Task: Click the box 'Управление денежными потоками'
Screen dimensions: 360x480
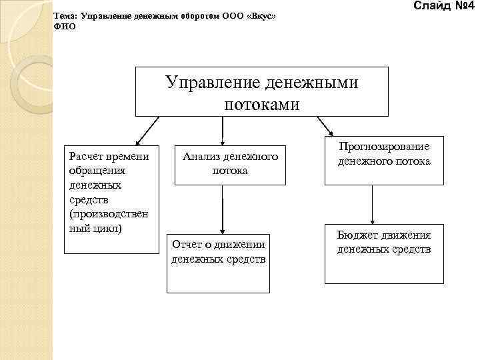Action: pyautogui.click(x=262, y=91)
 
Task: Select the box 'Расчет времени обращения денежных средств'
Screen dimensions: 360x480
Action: pyautogui.click(x=111, y=199)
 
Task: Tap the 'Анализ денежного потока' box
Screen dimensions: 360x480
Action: pyautogui.click(x=231, y=164)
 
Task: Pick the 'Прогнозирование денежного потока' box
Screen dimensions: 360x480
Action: pyautogui.click(x=384, y=161)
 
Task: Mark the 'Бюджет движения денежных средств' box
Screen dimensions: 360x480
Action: pyautogui.click(x=384, y=253)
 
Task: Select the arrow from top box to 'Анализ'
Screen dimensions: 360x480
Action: pyautogui.click(x=222, y=131)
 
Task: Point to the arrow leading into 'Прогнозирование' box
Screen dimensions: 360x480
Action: pyautogui.click(x=325, y=125)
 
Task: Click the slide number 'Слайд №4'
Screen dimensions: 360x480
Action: pyautogui.click(x=443, y=7)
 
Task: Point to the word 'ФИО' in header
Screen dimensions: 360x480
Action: pyautogui.click(x=65, y=27)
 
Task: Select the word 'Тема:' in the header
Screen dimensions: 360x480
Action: pyautogui.click(x=65, y=15)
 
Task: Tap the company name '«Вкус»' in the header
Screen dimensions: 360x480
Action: pyautogui.click(x=261, y=15)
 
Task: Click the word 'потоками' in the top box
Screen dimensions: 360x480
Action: pyautogui.click(x=262, y=104)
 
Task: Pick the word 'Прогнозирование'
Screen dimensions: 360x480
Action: pyautogui.click(x=384, y=147)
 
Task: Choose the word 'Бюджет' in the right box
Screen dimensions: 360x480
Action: pyautogui.click(x=356, y=235)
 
